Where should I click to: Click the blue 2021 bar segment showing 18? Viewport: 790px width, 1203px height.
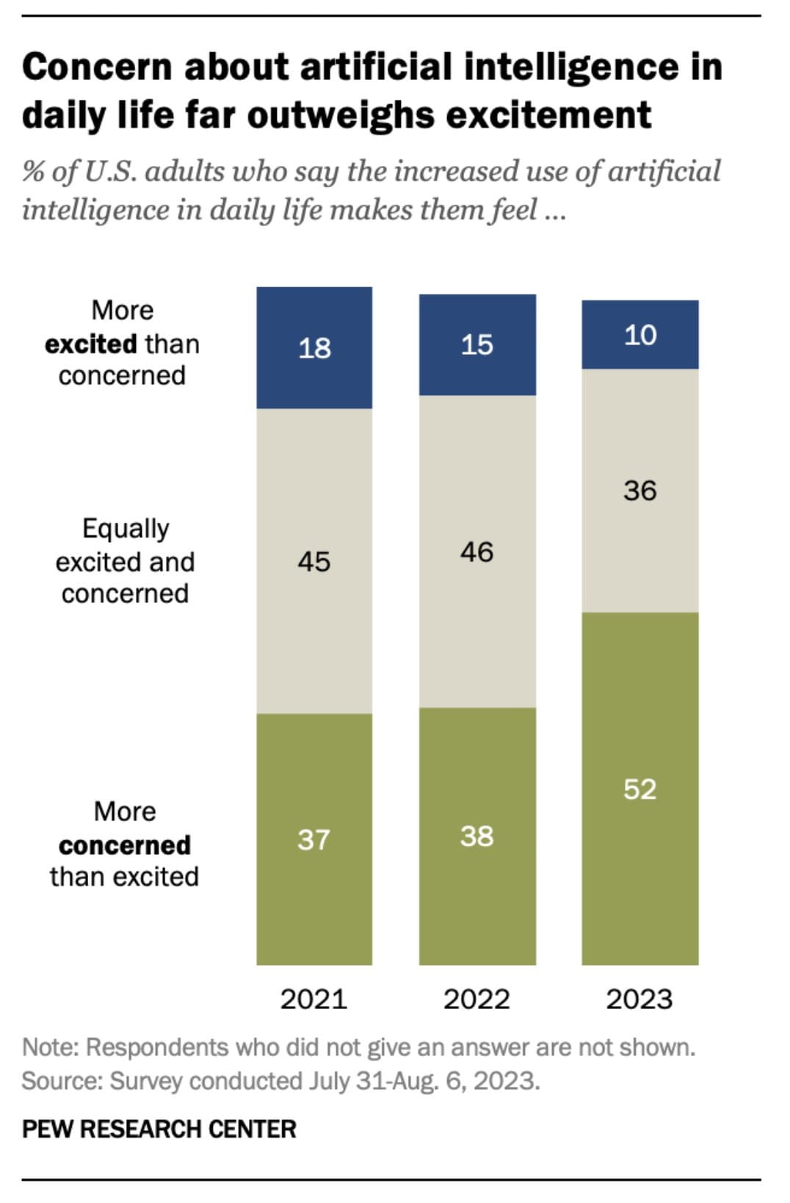pyautogui.click(x=314, y=347)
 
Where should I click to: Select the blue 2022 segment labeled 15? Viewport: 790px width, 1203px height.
pyautogui.click(x=477, y=344)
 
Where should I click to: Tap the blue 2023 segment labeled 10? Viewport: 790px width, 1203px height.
pyautogui.click(x=639, y=335)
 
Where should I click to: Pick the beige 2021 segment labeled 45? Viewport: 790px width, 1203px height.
pyautogui.click(x=314, y=561)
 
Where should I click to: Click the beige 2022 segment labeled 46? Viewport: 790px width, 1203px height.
pyautogui.click(x=477, y=552)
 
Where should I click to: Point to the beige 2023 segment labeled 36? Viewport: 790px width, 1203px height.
pyautogui.click(x=639, y=491)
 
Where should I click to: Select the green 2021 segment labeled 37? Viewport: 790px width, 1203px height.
pyautogui.click(x=314, y=839)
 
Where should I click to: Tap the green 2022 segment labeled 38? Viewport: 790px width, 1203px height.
pyautogui.click(x=477, y=836)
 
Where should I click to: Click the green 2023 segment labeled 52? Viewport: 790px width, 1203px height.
pyautogui.click(x=639, y=789)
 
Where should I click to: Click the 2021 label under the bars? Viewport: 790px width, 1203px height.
pyautogui.click(x=314, y=999)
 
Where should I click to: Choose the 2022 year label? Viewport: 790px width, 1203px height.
pyautogui.click(x=476, y=999)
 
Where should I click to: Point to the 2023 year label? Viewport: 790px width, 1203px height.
pyautogui.click(x=639, y=999)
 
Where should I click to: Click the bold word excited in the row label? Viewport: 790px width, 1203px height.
pyautogui.click(x=91, y=344)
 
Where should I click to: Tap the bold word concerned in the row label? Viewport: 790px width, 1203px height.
pyautogui.click(x=125, y=845)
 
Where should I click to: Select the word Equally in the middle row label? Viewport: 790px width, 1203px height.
pyautogui.click(x=126, y=529)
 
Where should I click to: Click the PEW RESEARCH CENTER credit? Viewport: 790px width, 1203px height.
pyautogui.click(x=159, y=1128)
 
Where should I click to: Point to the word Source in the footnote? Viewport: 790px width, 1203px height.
pyautogui.click(x=60, y=1081)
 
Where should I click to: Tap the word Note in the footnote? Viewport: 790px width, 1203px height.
pyautogui.click(x=48, y=1047)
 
